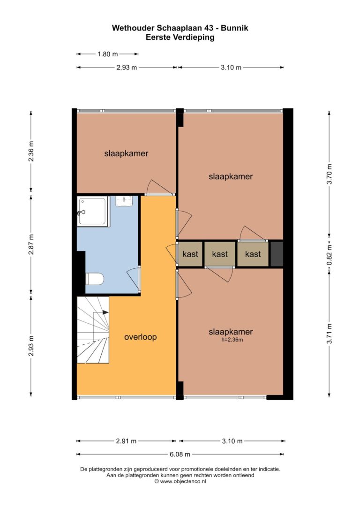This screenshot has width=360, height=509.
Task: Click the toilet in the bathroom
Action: point(95,279)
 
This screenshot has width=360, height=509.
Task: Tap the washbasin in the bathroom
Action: point(124,201)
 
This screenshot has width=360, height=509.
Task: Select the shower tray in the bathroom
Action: point(92,211)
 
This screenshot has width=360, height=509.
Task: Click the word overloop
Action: point(141,337)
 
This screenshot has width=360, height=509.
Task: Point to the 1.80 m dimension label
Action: point(108,54)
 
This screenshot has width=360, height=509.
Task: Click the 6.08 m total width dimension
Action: point(180,454)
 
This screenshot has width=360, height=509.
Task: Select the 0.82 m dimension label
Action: point(329,254)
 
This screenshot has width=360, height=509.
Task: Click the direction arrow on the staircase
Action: point(105,312)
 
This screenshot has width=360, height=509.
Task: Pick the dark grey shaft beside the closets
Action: point(277,254)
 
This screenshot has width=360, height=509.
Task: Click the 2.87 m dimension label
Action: point(31,244)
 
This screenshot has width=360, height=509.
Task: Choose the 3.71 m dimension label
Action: point(329,334)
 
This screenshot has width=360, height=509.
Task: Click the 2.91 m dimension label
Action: point(126,441)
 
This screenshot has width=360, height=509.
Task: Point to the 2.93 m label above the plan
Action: point(127,68)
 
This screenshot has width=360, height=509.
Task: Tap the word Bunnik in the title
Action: point(234,28)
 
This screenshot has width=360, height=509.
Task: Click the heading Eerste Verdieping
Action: point(180,37)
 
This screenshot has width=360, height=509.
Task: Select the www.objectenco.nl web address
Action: point(183,481)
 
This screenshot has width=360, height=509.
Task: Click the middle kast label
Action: point(220,254)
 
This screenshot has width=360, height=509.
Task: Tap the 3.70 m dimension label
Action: point(329,174)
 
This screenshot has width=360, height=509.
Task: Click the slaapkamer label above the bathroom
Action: point(126,153)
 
